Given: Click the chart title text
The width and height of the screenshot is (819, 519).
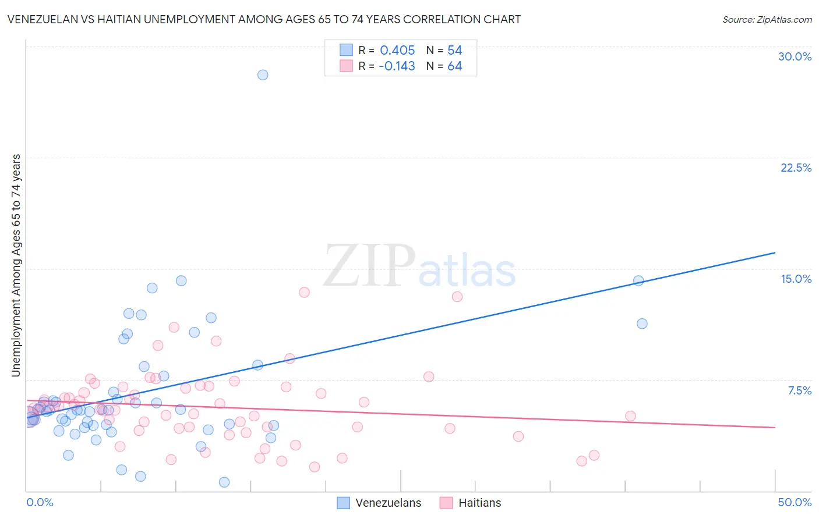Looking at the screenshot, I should pyautogui.click(x=264, y=19).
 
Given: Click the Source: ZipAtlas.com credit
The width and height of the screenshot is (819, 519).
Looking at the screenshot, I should pyautogui.click(x=767, y=19).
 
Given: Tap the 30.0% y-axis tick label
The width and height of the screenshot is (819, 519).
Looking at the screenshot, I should pyautogui.click(x=795, y=56).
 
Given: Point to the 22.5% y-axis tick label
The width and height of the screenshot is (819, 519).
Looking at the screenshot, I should pyautogui.click(x=796, y=168).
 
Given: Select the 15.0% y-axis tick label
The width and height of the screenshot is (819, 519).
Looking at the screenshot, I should pyautogui.click(x=796, y=279).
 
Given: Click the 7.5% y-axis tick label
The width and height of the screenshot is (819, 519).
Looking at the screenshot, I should pyautogui.click(x=799, y=390).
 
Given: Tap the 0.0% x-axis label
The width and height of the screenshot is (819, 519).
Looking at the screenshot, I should pyautogui.click(x=40, y=502).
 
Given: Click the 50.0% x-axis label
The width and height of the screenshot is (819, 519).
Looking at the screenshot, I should pyautogui.click(x=795, y=502).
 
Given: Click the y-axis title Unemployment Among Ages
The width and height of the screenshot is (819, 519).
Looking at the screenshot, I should pyautogui.click(x=16, y=265).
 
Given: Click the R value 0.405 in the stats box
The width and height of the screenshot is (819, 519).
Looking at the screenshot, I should pyautogui.click(x=397, y=50).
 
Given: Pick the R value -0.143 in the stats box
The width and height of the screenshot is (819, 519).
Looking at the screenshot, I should pyautogui.click(x=397, y=66).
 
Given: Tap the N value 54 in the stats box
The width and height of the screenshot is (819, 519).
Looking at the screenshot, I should pyautogui.click(x=454, y=50).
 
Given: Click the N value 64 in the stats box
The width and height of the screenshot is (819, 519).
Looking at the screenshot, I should pyautogui.click(x=454, y=66).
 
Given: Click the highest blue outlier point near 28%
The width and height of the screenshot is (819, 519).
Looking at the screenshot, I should pyautogui.click(x=263, y=75).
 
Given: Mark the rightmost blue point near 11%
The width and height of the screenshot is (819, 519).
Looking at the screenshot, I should pyautogui.click(x=642, y=324).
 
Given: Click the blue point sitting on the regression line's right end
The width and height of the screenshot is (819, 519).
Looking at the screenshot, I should pyautogui.click(x=638, y=280).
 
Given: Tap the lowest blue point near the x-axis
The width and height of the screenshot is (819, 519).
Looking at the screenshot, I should pyautogui.click(x=224, y=482).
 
